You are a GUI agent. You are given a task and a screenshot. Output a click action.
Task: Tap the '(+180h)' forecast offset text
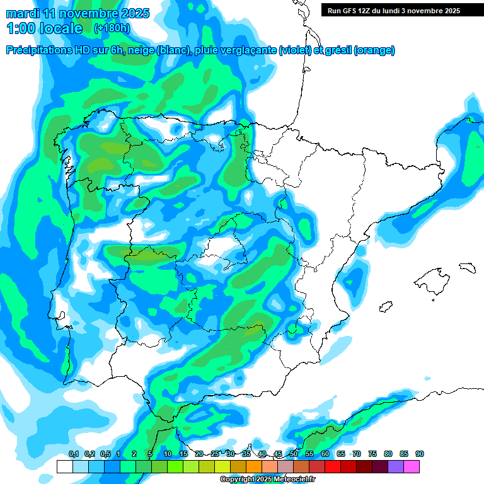(x=113, y=28)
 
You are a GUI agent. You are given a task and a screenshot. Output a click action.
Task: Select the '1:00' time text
(x=21, y=28)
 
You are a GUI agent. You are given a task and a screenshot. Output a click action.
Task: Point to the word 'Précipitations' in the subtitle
(x=39, y=50)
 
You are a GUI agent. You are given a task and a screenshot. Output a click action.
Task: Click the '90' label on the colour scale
(x=420, y=454)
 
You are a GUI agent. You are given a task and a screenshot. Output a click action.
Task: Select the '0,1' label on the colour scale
(x=73, y=454)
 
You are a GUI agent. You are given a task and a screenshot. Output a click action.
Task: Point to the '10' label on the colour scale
(x=168, y=454)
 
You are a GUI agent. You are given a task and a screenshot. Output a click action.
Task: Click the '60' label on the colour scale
(x=325, y=454)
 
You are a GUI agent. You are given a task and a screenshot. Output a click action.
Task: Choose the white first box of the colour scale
(x=65, y=466)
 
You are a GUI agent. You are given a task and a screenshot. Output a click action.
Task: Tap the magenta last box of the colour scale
(x=412, y=466)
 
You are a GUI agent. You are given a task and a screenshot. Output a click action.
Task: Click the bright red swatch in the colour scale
(x=333, y=466)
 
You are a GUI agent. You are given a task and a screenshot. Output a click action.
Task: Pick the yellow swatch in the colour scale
(x=222, y=466)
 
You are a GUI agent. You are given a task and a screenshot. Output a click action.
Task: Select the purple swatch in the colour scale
(x=396, y=466)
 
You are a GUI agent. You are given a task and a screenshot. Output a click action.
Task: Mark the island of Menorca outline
(x=467, y=267)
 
